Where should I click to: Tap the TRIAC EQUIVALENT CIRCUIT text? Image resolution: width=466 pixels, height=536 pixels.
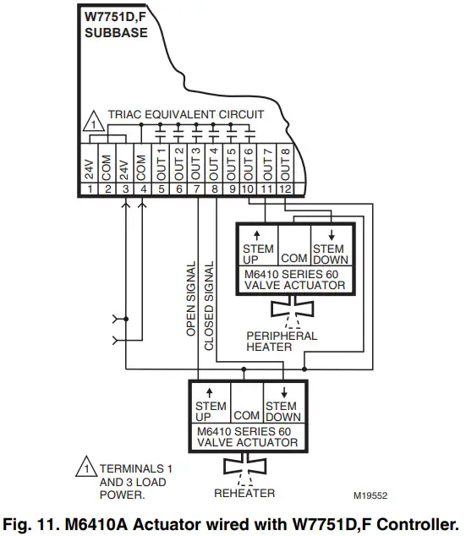[x=185, y=114]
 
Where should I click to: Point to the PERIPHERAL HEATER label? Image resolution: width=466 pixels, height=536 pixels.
[x=282, y=342]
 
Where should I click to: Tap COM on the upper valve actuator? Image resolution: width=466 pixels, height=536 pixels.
[x=293, y=256]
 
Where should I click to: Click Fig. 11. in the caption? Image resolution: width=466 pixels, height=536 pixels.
[x=40, y=522]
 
